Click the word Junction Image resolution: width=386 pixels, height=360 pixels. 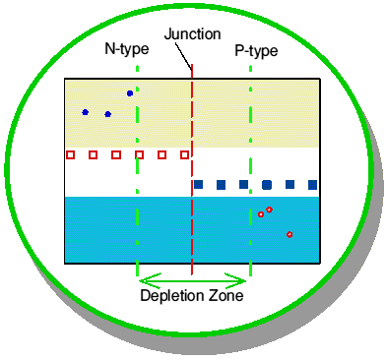point(192,34)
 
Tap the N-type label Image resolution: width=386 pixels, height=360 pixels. point(127,49)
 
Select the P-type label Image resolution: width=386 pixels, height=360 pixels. point(256,51)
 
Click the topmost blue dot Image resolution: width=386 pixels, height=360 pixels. point(130,93)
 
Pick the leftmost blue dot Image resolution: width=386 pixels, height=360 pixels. point(86,112)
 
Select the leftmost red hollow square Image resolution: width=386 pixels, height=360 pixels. point(70,154)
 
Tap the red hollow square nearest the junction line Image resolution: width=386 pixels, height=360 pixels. point(185,154)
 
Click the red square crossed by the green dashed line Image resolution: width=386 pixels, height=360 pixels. point(139,154)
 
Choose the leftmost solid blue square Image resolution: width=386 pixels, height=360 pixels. point(198,185)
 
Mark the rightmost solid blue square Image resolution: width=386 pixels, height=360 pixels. point(313,185)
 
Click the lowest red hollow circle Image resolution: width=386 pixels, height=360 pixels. point(289,234)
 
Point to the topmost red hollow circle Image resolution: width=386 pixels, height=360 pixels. point(269,210)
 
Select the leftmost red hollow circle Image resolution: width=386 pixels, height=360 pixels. point(261,214)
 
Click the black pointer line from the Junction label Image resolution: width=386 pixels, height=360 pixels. point(183,56)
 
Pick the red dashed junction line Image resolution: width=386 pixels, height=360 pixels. point(192,169)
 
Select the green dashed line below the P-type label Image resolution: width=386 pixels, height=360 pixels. point(251,170)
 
